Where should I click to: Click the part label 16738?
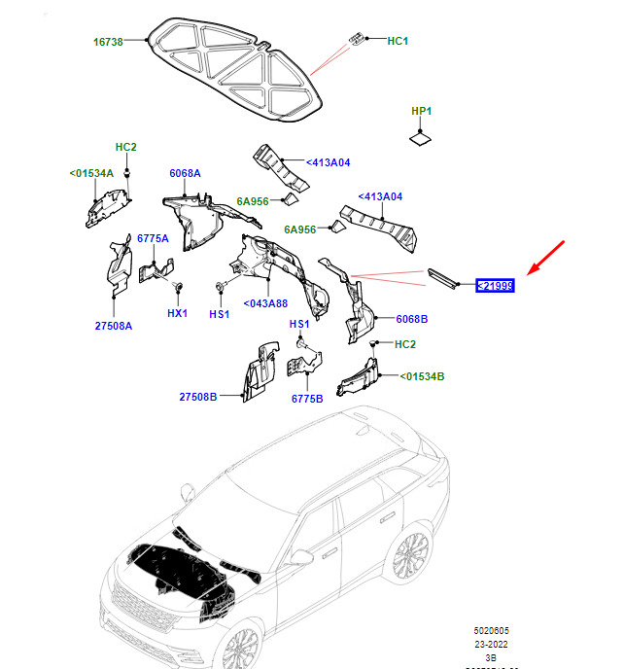click(108, 42)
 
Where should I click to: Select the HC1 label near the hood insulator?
click(398, 41)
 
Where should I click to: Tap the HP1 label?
click(421, 112)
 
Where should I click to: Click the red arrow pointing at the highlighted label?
click(547, 260)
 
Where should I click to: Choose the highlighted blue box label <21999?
click(494, 286)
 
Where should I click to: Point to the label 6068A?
click(184, 173)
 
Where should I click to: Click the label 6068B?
click(411, 319)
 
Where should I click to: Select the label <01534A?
click(91, 173)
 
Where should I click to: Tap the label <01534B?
click(422, 375)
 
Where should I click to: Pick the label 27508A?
click(113, 326)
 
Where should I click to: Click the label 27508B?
click(198, 397)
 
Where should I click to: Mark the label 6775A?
click(153, 238)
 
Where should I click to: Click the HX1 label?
click(176, 314)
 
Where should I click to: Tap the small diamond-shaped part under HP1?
click(421, 139)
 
